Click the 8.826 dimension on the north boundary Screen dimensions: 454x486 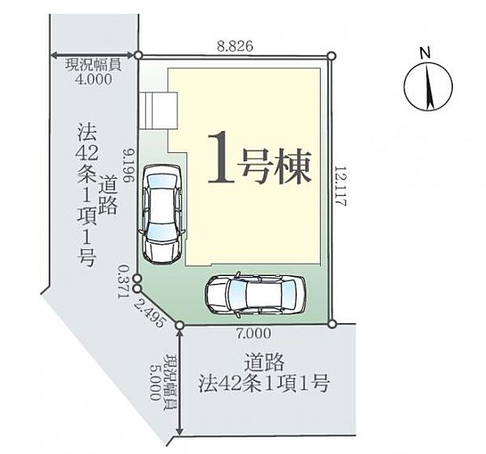(x=234, y=47)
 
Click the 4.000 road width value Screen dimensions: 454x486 (x=92, y=79)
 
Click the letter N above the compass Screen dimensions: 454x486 (x=425, y=53)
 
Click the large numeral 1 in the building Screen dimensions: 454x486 (x=222, y=158)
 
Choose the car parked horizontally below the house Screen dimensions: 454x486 (x=255, y=296)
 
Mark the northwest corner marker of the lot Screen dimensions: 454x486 (x=138, y=56)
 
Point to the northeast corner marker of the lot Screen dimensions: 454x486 (x=331, y=56)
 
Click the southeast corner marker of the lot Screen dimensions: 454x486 (x=332, y=324)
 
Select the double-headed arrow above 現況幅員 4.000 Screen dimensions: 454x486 (x=92, y=55)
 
